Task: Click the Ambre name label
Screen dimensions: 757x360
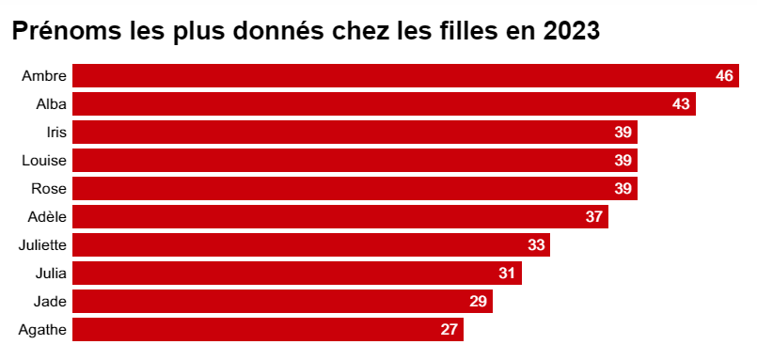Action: click(x=44, y=76)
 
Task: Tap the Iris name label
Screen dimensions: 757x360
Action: click(x=56, y=133)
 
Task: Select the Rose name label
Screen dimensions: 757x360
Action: click(x=49, y=189)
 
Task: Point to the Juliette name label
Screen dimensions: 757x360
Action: click(x=42, y=245)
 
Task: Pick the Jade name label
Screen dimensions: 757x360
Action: click(x=50, y=302)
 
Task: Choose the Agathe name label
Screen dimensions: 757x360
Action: click(x=42, y=330)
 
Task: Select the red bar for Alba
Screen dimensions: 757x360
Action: click(x=385, y=103)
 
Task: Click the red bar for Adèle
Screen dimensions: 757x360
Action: click(x=340, y=217)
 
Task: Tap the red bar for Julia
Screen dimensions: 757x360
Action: click(x=297, y=274)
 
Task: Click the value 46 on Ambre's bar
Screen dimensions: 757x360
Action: click(x=724, y=76)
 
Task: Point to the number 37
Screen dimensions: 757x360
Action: click(x=594, y=217)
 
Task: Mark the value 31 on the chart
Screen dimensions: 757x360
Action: click(x=508, y=274)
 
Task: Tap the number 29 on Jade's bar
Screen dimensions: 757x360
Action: click(x=478, y=301)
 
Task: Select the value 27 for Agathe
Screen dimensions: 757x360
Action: click(x=449, y=330)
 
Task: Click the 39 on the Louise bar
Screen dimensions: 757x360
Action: click(x=623, y=160)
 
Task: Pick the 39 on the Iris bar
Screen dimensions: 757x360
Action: click(x=623, y=133)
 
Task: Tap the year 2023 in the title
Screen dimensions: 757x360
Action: click(x=571, y=31)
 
